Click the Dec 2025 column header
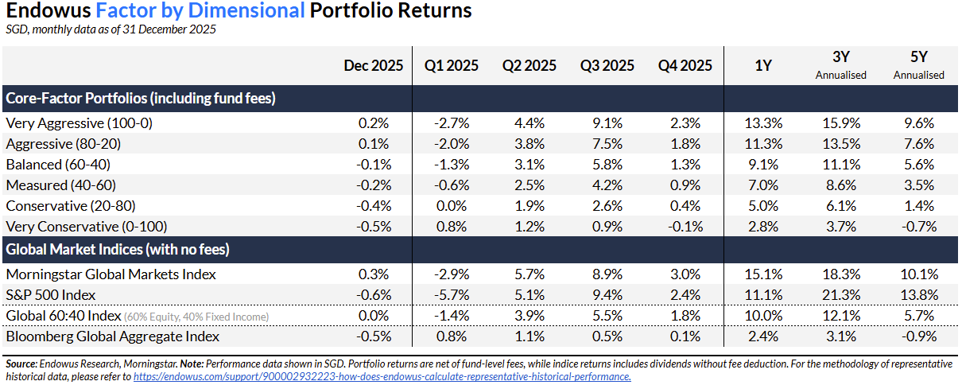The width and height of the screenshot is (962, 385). (x=373, y=66)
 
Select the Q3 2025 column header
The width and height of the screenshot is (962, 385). (x=607, y=66)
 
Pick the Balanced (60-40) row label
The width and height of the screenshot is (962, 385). (x=58, y=165)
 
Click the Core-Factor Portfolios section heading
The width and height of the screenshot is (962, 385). (x=141, y=99)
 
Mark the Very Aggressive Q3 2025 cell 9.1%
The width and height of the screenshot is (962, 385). (x=607, y=123)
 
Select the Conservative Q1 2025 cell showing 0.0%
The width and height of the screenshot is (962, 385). (x=450, y=206)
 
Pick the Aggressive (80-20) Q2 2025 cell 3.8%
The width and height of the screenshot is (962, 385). (x=529, y=144)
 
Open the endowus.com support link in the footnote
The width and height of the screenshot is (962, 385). (x=382, y=376)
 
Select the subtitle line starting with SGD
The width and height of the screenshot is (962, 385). (x=111, y=30)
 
